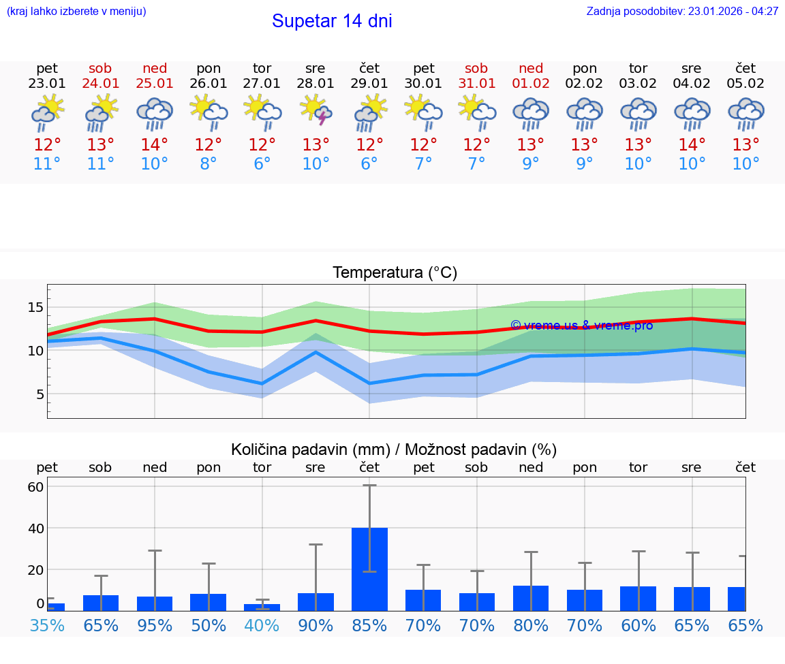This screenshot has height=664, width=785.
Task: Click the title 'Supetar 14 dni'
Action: coord(332,21)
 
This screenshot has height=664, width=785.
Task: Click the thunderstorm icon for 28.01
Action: coord(315,111)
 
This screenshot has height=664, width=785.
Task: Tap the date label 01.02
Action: coord(530,84)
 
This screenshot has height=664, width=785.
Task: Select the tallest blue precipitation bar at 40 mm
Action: coord(369,569)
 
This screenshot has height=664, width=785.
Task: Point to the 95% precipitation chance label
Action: coord(155,625)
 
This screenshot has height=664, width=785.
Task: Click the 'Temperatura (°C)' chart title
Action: coord(395,273)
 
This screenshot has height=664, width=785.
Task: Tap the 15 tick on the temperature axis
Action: coord(35,307)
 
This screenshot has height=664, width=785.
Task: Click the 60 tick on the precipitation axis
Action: coord(35,487)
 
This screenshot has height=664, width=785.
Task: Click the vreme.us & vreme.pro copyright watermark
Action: coord(581,326)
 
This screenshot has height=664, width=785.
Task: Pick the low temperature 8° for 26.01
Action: coord(209,164)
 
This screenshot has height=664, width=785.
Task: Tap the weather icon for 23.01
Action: coord(47,112)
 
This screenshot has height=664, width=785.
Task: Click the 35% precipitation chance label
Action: coord(47,625)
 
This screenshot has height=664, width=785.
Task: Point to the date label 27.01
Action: coord(262,84)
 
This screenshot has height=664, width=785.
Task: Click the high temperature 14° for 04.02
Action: coord(692,145)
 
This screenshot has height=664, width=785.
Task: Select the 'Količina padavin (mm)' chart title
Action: coord(394,449)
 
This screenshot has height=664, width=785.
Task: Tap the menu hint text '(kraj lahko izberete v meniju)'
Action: coord(76,12)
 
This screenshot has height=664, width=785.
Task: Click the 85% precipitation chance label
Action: coord(369,625)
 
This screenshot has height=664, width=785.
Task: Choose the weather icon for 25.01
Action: coord(155,112)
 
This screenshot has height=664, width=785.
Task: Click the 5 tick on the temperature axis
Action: coord(39,394)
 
